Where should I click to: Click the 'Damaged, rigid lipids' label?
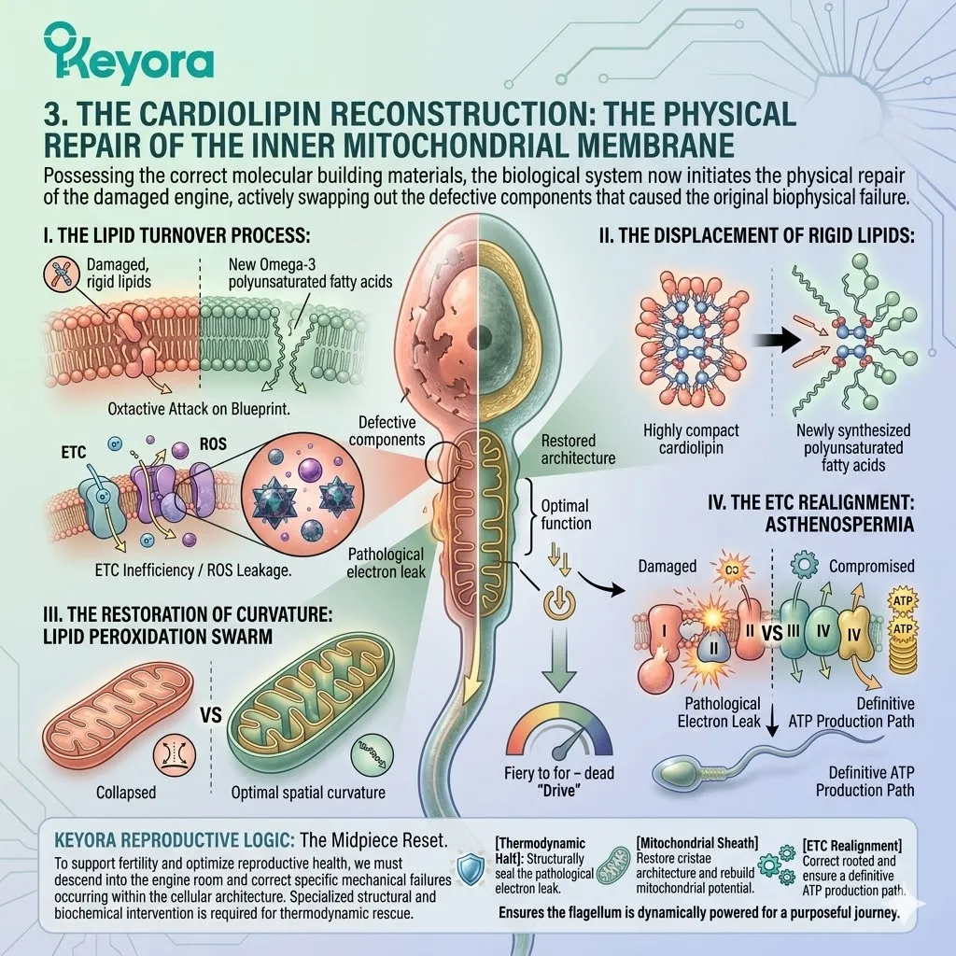tap(119, 273)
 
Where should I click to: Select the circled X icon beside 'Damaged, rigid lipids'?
tap(62, 273)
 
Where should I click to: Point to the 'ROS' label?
tap(213, 443)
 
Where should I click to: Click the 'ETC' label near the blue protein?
tap(73, 453)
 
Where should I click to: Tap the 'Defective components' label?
tap(387, 431)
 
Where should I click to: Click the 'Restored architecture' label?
tap(578, 449)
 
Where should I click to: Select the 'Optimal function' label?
tap(566, 514)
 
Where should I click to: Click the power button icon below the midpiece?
tap(559, 604)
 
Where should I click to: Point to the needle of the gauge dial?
tap(567, 740)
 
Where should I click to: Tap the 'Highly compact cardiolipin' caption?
tap(691, 439)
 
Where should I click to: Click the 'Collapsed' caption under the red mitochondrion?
tap(126, 793)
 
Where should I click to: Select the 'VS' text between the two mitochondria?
tap(211, 714)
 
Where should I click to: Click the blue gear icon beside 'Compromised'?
tap(804, 565)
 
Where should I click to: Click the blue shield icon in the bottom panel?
tap(471, 868)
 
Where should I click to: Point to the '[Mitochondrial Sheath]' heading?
tap(696, 844)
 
